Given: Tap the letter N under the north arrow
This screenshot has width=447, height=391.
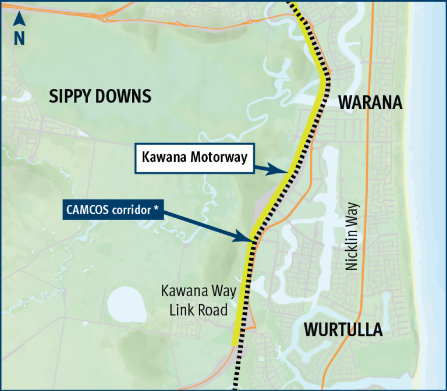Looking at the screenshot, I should coord(19,38).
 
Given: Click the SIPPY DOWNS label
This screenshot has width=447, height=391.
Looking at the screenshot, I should coord(100,96).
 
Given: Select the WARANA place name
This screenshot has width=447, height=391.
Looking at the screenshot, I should coord(371,102).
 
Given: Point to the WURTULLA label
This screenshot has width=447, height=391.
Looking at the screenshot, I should coord(343,330).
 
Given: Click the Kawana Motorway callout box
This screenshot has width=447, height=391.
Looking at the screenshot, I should coord(194,157).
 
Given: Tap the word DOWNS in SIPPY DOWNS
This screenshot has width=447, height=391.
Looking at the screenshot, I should coord(123,96).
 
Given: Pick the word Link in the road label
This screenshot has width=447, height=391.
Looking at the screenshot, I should coord(182,310).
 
